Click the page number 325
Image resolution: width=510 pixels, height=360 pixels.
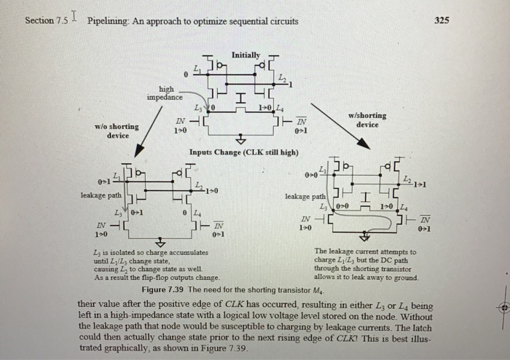pyautogui.click(x=442, y=20)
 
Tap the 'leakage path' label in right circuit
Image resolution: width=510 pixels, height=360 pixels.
pyautogui.click(x=305, y=196)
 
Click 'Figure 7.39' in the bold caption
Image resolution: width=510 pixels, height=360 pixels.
pyautogui.click(x=166, y=290)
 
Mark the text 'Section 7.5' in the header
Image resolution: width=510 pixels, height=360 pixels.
pyautogui.click(x=45, y=20)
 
